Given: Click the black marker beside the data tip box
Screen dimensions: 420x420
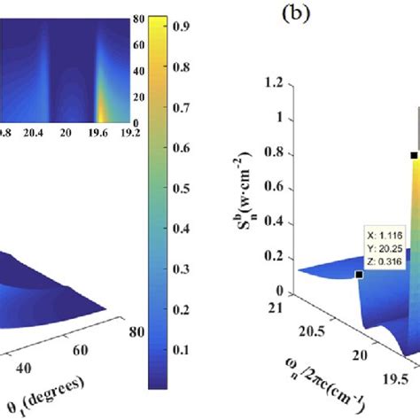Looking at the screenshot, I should point(359,275).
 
